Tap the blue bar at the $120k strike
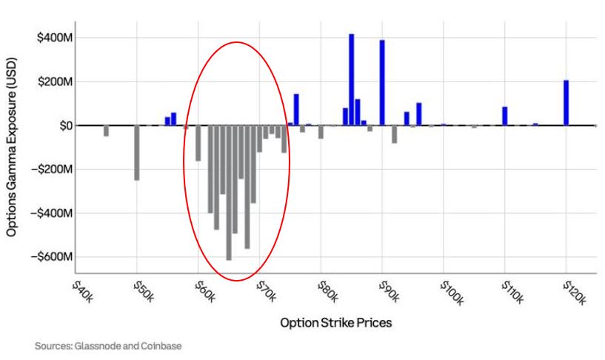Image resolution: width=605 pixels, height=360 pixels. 566,103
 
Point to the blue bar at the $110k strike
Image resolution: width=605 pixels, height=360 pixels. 504,116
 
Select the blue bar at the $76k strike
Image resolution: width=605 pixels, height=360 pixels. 296,110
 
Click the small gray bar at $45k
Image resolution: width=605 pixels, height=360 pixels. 106,131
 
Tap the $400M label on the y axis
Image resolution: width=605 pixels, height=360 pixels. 56,38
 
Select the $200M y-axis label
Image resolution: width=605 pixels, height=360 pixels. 56,81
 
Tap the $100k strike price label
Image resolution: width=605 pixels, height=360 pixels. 452,293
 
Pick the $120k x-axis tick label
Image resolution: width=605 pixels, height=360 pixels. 574,293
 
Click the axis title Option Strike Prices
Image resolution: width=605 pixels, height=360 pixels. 335,323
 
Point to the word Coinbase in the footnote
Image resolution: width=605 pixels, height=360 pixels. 161,346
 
